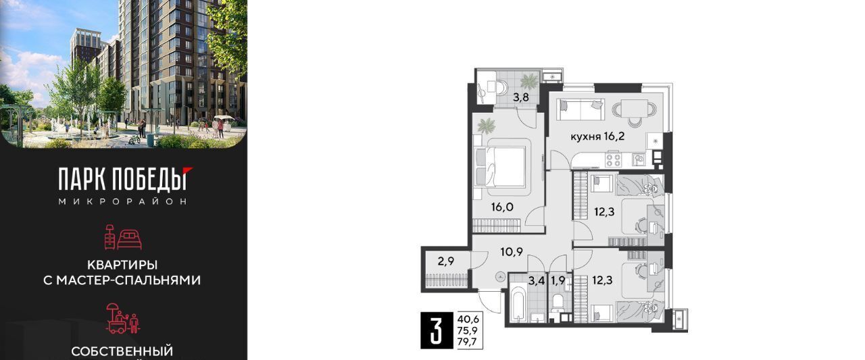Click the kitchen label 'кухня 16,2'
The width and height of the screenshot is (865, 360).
597,136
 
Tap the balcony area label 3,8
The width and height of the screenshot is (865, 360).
520,97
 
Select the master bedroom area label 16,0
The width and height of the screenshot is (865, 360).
502,207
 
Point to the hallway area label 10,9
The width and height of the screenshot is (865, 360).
512,252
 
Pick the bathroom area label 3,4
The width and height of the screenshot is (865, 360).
537,280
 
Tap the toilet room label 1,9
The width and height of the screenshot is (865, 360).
558,280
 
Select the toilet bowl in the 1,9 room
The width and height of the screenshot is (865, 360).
558,302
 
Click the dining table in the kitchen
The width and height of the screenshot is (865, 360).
635,109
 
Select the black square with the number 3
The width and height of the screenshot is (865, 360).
437,331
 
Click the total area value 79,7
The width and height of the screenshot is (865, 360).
468,342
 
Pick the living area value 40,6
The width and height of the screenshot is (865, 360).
468,319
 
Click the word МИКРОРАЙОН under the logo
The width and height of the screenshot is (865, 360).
123,201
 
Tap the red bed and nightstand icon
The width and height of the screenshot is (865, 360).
123,237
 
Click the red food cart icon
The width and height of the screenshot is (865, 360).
123,318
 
